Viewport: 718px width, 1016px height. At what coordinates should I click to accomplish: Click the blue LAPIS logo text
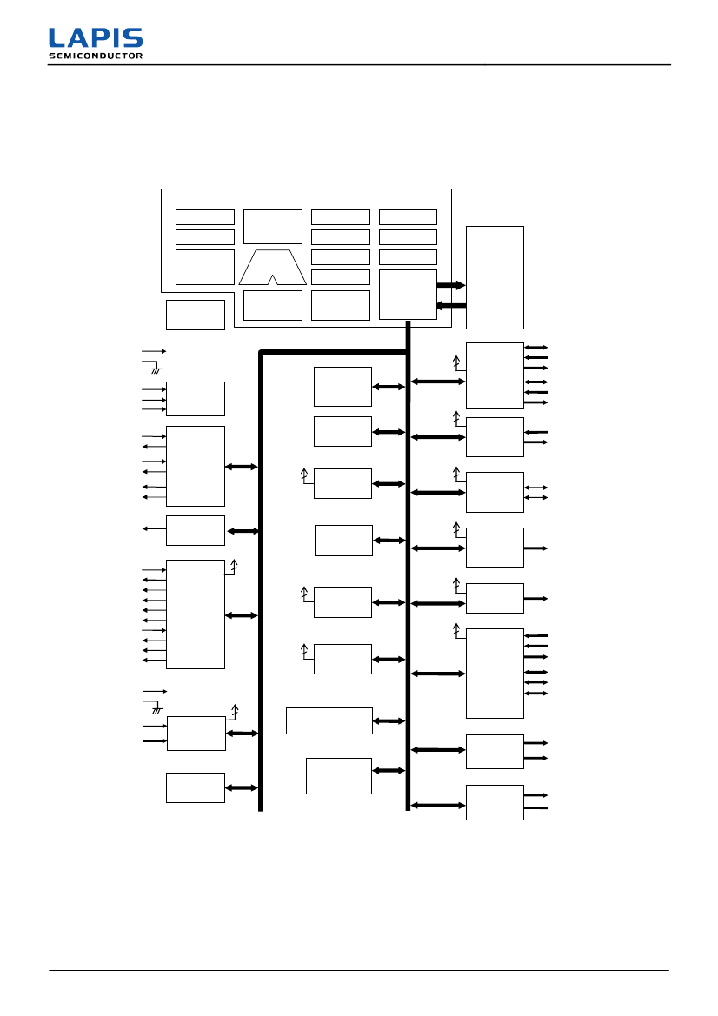96,38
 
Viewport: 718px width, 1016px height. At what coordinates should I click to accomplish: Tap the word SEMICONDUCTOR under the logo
96,56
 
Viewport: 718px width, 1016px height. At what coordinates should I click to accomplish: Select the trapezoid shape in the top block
273,267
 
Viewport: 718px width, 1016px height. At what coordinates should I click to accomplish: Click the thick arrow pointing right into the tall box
451,284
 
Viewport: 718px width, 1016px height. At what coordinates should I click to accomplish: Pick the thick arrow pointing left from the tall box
451,305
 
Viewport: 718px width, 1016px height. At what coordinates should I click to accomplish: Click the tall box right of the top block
495,277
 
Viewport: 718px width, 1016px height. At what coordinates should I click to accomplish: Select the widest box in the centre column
329,720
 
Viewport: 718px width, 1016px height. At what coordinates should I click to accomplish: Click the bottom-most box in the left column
195,787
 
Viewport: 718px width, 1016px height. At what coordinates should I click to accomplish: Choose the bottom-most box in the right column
495,802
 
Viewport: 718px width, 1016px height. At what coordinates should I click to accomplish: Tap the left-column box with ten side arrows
195,614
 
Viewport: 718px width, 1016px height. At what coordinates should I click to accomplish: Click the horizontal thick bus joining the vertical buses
334,352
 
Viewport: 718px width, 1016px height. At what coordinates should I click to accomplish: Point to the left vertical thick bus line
261,582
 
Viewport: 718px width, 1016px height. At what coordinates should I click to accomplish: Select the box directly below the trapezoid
273,305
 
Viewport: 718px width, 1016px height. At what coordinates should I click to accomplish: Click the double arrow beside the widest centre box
389,720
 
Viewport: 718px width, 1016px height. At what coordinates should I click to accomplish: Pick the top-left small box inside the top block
204,217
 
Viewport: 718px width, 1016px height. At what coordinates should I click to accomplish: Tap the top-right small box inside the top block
408,217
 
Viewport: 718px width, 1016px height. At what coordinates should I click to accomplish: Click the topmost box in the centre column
342,386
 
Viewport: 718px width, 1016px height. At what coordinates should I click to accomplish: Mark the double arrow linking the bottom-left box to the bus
242,787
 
